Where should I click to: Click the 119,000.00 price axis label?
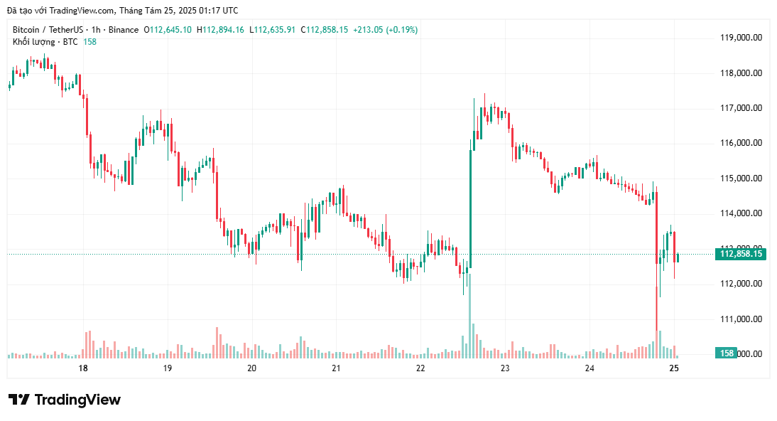[741, 38]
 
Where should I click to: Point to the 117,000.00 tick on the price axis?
[741, 108]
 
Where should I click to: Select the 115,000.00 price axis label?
[741, 178]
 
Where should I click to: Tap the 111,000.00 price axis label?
[741, 319]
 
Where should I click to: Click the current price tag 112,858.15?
[741, 254]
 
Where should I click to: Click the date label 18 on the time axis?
[83, 368]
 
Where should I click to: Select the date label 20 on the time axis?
[251, 368]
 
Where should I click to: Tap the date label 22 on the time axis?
[420, 368]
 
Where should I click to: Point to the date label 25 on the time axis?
[674, 368]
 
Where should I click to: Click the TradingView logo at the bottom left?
[65, 400]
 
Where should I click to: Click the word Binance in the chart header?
[124, 30]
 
